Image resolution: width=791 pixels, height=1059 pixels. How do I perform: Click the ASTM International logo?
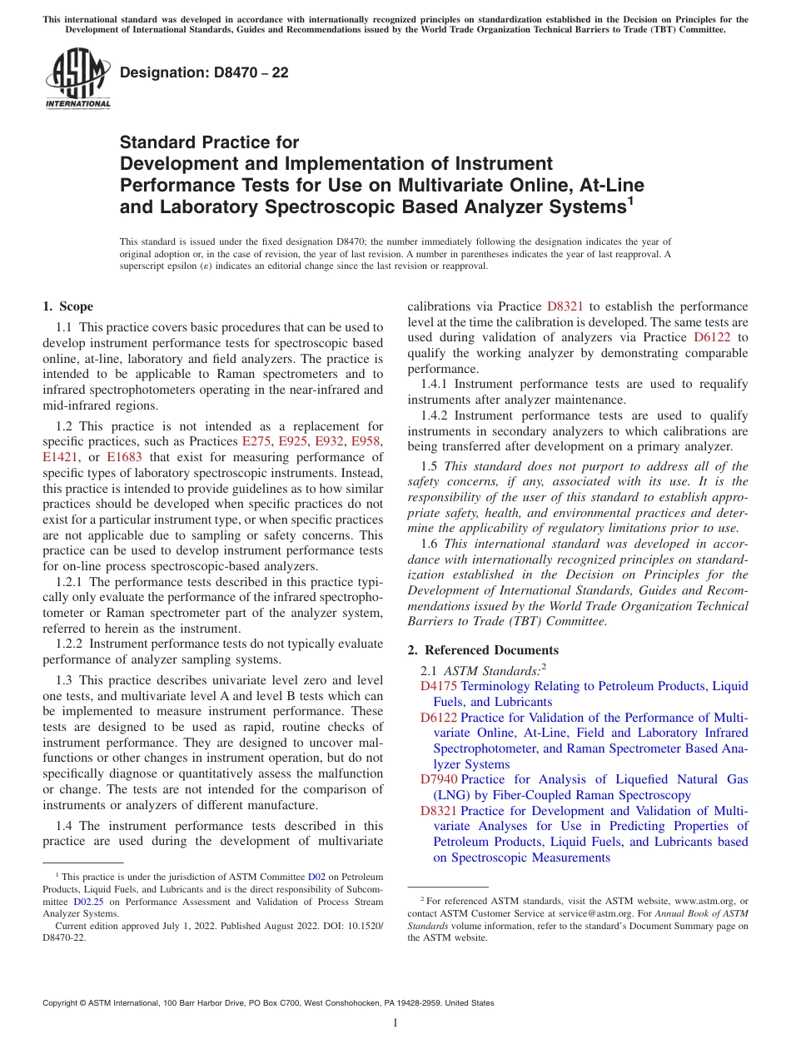77,80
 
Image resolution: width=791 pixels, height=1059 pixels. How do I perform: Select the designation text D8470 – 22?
204,72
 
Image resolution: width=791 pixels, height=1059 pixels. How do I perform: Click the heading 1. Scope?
67,306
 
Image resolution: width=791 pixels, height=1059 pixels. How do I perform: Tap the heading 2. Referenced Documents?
483,650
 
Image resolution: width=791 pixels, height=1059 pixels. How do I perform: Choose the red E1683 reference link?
125,457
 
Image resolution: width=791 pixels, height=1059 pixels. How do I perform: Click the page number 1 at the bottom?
395,1023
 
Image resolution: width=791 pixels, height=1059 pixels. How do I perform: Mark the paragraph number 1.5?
430,466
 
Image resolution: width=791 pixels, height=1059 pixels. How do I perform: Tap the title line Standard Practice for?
210,142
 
